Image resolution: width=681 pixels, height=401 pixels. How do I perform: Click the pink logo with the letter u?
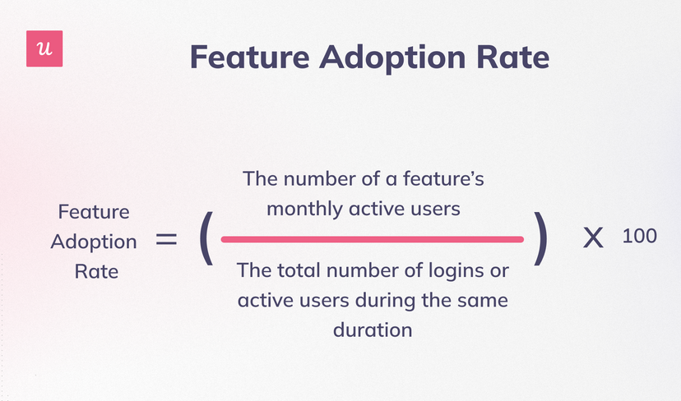pos(44,48)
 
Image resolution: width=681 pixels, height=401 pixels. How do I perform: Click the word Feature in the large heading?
pos(250,57)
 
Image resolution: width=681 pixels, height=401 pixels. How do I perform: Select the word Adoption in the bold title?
pos(392,58)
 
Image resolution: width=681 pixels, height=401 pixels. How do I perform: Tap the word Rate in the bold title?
pos(513,57)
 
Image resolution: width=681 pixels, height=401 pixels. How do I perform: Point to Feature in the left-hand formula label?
pos(94,212)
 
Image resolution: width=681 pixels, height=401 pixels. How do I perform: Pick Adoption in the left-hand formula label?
pos(94,242)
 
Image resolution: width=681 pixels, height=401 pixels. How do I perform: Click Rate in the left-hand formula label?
pos(96,272)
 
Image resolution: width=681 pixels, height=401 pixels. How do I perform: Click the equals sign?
pos(166,239)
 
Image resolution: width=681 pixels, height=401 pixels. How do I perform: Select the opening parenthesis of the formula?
pos(206,238)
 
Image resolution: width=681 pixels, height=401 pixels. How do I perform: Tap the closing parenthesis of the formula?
pos(540,238)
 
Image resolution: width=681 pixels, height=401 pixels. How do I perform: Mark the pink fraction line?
pos(373,240)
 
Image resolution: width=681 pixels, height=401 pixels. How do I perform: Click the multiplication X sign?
pos(593,237)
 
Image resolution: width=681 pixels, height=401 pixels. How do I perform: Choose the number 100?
pos(639,236)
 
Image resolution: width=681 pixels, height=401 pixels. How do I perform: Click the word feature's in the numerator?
pos(443,178)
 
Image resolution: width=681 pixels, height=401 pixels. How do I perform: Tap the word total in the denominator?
pos(299,270)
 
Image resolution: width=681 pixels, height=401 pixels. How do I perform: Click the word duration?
pos(373,330)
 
